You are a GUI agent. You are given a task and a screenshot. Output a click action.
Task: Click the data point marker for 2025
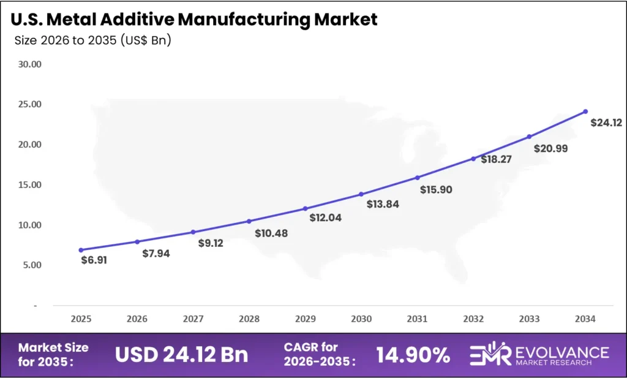[81, 250]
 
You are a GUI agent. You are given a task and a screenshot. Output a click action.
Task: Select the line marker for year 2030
[361, 194]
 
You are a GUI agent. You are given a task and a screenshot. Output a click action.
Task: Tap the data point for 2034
[585, 112]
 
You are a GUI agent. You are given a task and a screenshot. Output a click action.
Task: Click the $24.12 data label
[606, 123]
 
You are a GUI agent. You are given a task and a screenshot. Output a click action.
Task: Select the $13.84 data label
[383, 204]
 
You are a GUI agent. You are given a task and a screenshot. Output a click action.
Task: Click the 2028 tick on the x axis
[249, 319]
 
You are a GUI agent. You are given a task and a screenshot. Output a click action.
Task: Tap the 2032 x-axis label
[473, 319]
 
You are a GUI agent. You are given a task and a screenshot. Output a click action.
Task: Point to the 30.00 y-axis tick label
[29, 64]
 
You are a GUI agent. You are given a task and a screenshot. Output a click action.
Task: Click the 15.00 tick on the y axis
[29, 184]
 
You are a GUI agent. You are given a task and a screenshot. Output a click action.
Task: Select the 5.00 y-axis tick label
[31, 265]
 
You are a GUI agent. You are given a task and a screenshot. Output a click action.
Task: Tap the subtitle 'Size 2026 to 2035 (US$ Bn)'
[92, 42]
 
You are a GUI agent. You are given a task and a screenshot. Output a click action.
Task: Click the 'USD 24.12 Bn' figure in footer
[181, 354]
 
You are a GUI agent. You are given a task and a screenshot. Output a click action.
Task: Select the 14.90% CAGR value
[413, 354]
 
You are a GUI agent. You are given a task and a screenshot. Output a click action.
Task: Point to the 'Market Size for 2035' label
[53, 354]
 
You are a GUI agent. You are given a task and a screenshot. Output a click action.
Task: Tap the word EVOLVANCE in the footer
[561, 352]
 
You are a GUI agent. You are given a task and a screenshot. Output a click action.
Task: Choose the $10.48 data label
[271, 233]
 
